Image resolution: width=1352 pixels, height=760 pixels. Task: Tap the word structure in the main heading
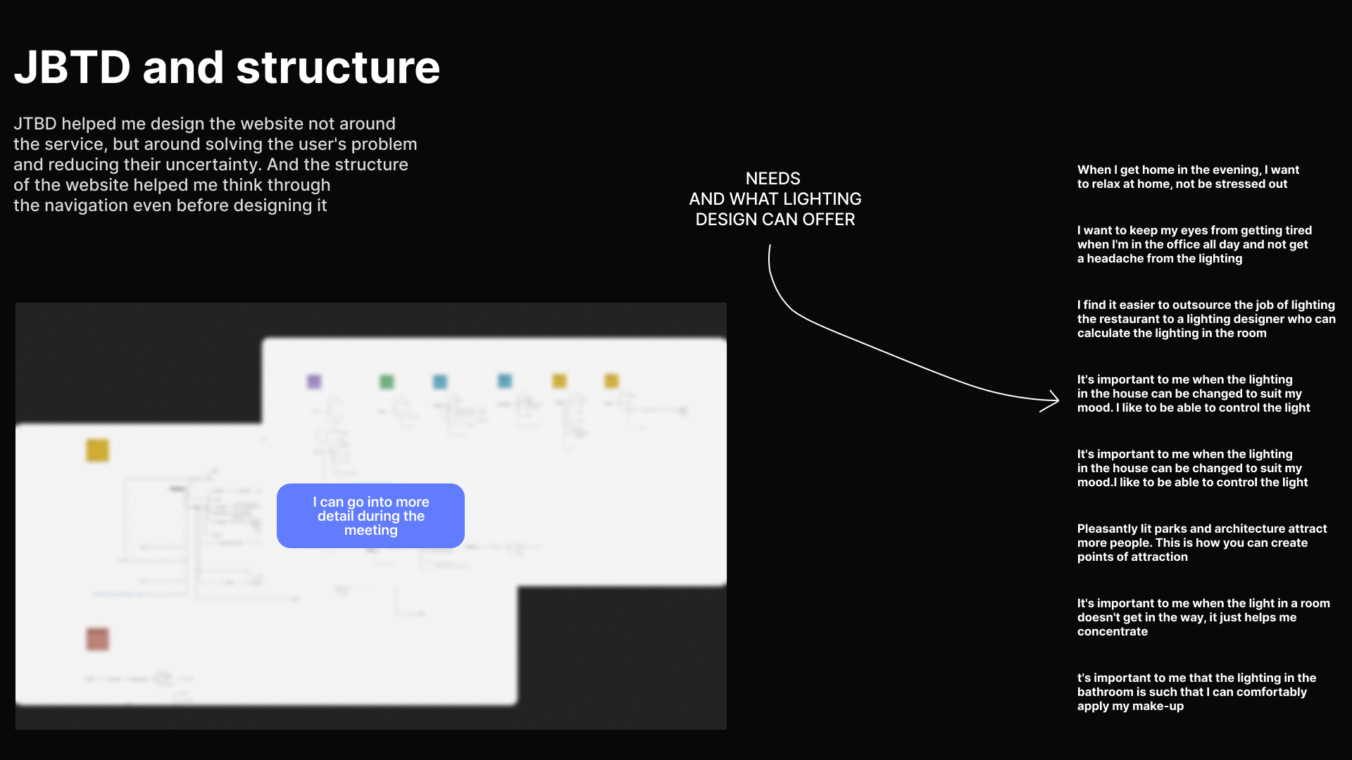click(338, 68)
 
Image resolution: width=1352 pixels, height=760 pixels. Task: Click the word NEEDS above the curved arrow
click(772, 179)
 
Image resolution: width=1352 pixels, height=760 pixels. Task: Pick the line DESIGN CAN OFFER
click(775, 220)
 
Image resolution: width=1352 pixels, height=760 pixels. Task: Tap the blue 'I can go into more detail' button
click(370, 516)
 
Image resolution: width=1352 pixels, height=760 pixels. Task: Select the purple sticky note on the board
click(314, 381)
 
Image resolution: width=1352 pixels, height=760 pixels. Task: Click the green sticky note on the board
click(387, 381)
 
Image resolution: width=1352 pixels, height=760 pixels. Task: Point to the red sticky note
click(97, 639)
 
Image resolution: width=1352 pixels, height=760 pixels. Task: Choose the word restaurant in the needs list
click(1125, 319)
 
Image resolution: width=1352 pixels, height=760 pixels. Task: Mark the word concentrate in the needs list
click(1112, 632)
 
